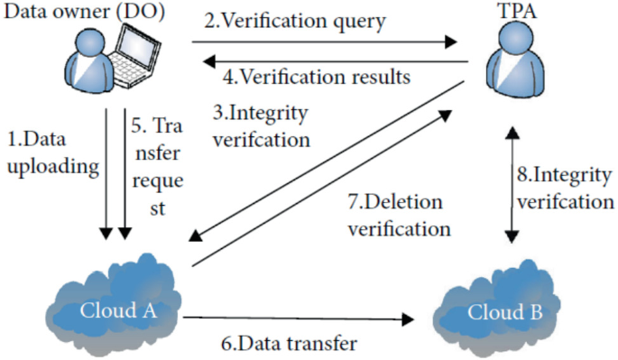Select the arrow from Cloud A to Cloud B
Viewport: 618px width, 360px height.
(x=298, y=318)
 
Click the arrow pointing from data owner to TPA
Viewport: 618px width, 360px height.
(x=325, y=41)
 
